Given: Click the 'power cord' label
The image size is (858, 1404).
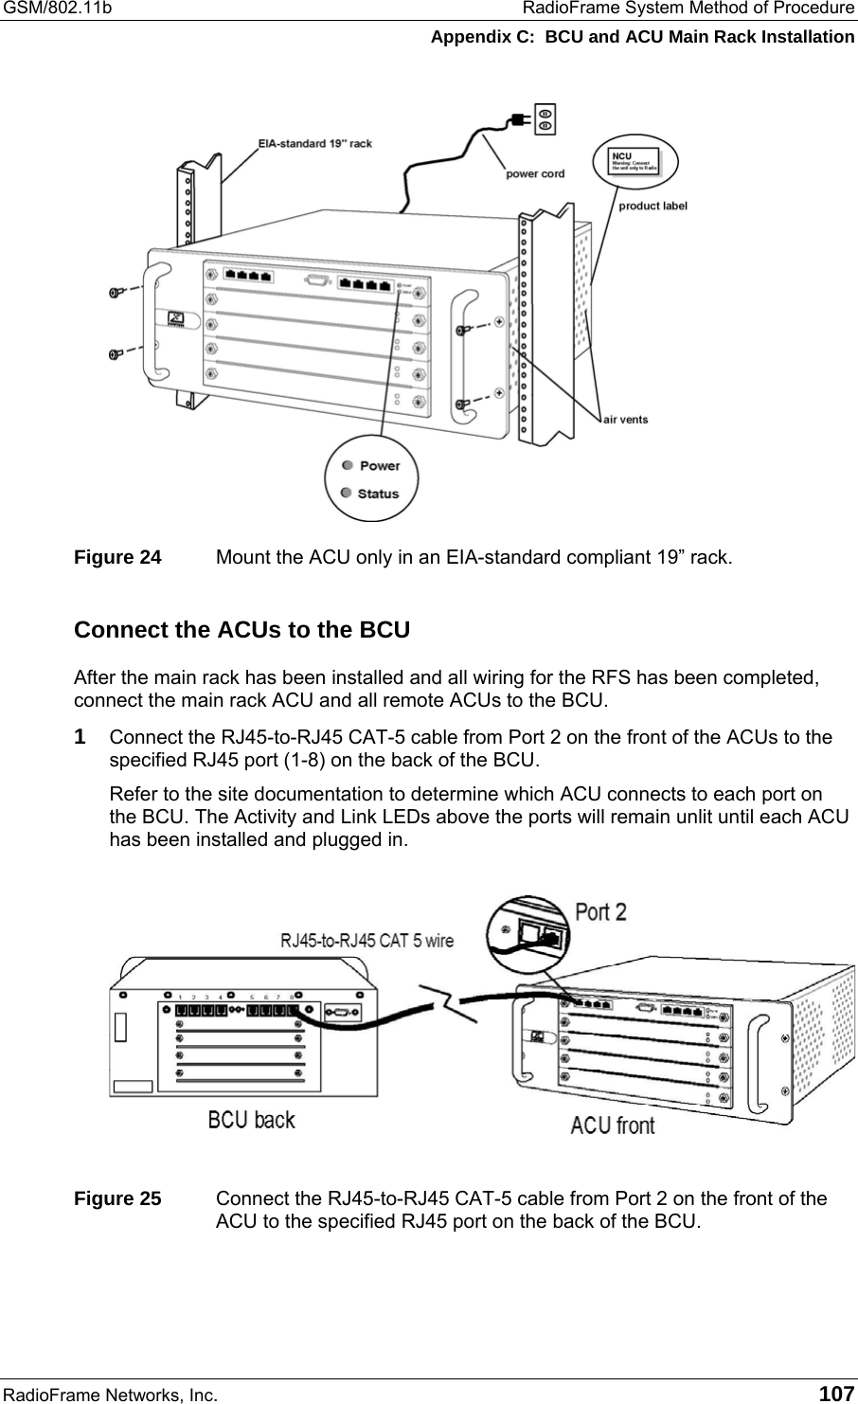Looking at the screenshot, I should pyautogui.click(x=535, y=173).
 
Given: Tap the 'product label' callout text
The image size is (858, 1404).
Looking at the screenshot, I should pyautogui.click(x=652, y=205).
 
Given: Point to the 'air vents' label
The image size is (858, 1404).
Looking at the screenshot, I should pyautogui.click(x=626, y=419).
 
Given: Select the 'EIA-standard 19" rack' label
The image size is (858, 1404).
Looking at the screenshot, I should pyautogui.click(x=315, y=144).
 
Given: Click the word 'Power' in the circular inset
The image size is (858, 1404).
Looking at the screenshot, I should pyautogui.click(x=380, y=465).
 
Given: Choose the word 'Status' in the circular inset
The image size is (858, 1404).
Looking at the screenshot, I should pyautogui.click(x=379, y=494).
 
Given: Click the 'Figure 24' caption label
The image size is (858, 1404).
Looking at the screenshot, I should pyautogui.click(x=117, y=557).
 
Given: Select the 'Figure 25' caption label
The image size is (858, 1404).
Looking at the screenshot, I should pyautogui.click(x=117, y=1198).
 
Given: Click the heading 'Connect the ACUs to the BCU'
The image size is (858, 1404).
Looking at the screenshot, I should pyautogui.click(x=241, y=630).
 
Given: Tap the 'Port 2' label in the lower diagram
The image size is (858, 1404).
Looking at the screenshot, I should pyautogui.click(x=601, y=912).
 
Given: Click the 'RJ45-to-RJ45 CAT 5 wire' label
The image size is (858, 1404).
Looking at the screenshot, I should pyautogui.click(x=366, y=941).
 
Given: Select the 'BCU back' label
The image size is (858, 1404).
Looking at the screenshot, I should pyautogui.click(x=251, y=1120).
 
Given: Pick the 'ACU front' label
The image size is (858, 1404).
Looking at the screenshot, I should pyautogui.click(x=613, y=1125).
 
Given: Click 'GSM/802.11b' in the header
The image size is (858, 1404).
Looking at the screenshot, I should pyautogui.click(x=56, y=9).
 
